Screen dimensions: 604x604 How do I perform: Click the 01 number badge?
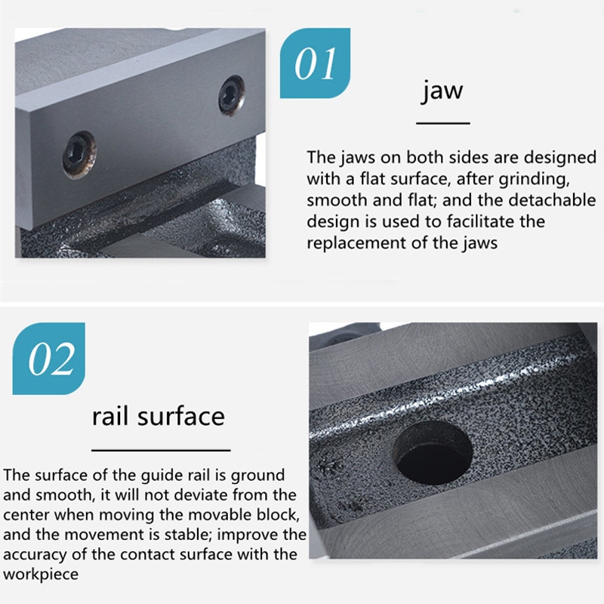tap(315, 63)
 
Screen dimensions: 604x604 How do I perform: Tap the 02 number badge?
tap(49, 358)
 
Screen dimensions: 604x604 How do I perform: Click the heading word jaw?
tap(442, 91)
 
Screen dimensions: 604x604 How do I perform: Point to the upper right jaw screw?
tap(232, 95)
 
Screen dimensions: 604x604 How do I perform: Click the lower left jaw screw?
tap(79, 155)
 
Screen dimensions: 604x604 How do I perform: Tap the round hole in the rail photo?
tap(432, 452)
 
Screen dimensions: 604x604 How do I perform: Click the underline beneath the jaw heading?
tap(443, 123)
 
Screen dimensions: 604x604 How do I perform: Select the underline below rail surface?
tap(161, 450)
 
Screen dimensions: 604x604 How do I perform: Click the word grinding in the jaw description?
tap(534, 180)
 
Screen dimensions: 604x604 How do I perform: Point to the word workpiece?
tap(41, 575)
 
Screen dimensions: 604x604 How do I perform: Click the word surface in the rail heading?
tap(181, 417)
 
